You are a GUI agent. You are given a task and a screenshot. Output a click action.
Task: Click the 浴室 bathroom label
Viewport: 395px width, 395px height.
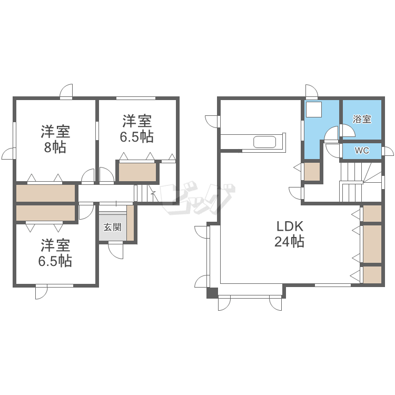coord(362,119)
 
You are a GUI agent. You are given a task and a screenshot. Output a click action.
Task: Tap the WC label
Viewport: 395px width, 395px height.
coord(362,151)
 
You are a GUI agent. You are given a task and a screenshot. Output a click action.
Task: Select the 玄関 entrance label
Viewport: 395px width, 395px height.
coord(112,227)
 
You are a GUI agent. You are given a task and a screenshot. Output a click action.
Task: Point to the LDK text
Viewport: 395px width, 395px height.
coord(290,226)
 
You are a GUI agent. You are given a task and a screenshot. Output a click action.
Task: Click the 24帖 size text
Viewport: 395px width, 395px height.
coord(289,241)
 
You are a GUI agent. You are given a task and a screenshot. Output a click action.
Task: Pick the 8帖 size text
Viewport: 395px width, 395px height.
coord(55,147)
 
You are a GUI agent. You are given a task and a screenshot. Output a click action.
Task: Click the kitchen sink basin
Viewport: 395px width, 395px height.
coord(264,142)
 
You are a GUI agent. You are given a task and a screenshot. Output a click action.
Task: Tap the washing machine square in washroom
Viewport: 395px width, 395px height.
coord(314,110)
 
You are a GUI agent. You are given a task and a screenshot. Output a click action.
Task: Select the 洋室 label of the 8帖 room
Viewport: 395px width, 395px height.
coord(55,131)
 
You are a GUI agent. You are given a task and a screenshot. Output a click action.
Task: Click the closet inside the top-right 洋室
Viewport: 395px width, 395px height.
coord(137,172)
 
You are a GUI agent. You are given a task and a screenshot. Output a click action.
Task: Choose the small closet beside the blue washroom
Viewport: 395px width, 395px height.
coord(312,172)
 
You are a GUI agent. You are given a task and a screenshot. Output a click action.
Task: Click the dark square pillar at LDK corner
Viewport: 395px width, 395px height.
coord(212,293)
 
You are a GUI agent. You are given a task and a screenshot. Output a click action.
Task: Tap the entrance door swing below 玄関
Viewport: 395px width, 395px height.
coord(116,251)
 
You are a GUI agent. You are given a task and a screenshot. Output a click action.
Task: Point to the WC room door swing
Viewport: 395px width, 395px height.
coord(332,151)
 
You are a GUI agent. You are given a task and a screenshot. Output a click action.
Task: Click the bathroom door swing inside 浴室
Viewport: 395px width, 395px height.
coord(348,130)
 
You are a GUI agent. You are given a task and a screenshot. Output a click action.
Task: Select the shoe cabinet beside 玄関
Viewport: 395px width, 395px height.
coord(130,223)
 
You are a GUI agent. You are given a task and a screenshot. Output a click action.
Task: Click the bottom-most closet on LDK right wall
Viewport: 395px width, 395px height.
coord(372,275)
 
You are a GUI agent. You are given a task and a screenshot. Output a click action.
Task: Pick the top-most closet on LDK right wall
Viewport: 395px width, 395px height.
coord(372,213)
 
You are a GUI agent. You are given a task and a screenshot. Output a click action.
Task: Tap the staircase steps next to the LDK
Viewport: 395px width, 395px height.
coord(360,182)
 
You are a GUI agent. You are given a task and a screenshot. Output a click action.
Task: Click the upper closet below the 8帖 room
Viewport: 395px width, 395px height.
coord(46,193)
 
